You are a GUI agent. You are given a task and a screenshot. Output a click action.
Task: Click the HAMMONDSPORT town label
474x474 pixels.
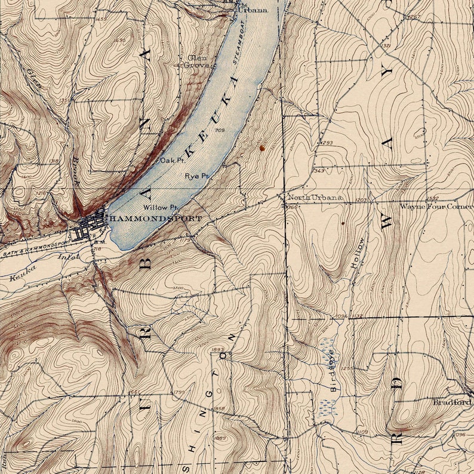tap(154, 219)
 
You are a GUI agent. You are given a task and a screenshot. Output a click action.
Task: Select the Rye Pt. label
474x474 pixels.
tap(196, 177)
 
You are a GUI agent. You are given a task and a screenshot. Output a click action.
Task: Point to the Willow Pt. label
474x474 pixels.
tap(160, 207)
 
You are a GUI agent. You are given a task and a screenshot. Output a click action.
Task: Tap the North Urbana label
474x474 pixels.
tap(315, 198)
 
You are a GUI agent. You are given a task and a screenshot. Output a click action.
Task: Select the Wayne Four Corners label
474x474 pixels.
tap(436, 207)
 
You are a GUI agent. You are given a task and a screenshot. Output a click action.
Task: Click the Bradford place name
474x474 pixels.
tap(453, 402)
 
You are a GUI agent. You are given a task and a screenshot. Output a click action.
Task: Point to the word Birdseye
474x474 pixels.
tap(334, 371)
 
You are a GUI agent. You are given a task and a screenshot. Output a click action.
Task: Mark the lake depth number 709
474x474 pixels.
tap(219, 130)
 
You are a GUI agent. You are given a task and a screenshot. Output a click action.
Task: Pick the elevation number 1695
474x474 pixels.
tap(120, 40)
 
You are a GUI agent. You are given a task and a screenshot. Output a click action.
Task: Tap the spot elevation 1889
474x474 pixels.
tap(220, 438)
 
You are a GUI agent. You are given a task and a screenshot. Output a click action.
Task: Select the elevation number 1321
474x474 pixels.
tap(385, 46)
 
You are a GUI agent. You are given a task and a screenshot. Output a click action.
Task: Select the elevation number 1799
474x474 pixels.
tap(178, 392)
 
